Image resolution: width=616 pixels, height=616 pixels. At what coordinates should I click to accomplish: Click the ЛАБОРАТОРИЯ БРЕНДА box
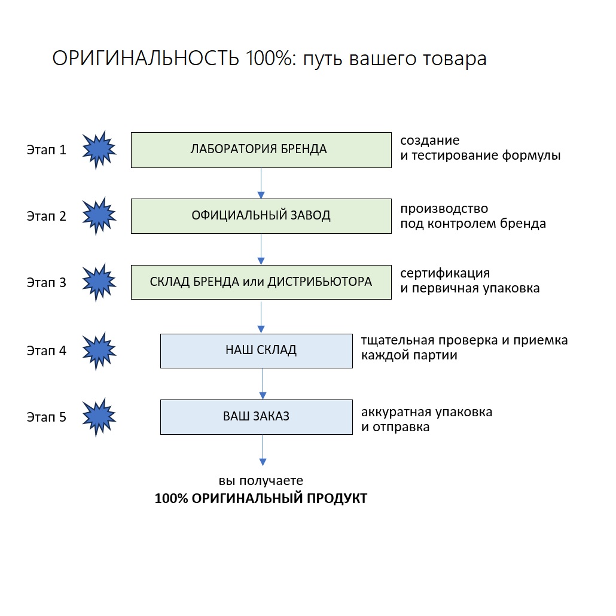coord(261,150)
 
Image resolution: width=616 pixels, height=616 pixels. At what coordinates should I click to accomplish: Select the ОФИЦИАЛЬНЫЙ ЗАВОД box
coord(261,216)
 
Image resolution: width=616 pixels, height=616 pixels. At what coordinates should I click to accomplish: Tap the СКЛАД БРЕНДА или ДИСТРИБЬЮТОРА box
coord(261,282)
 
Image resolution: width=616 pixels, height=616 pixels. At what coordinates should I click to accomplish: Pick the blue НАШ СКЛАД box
coord(256,350)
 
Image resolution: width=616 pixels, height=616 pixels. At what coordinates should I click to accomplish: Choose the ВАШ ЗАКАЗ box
coord(256,416)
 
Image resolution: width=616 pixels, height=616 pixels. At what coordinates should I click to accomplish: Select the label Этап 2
coord(46,216)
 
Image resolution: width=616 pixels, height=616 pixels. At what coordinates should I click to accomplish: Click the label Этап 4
coord(46,351)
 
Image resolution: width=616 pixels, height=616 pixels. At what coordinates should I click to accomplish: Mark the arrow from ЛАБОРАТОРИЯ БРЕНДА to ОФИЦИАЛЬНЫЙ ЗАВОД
coord(261,183)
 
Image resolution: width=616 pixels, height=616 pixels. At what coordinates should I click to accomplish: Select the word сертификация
coord(445,274)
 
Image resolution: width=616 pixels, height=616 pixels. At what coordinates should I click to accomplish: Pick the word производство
coord(444,209)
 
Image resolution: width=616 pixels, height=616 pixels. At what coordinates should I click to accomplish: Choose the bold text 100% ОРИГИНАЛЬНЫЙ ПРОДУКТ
coord(261,498)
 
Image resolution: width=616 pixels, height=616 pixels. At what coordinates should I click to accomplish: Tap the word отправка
coord(401,428)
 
